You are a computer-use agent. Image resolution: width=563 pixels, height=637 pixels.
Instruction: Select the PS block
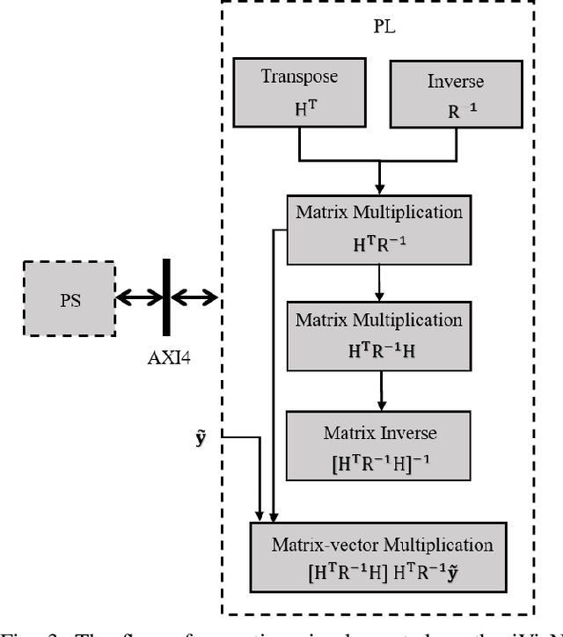pyautogui.click(x=70, y=298)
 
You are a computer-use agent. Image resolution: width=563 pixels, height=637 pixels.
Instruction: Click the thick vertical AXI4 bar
pyautogui.click(x=165, y=298)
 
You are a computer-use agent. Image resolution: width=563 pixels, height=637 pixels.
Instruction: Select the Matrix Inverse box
pyautogui.click(x=379, y=445)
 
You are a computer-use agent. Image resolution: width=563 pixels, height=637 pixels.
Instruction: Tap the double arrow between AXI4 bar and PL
pyautogui.click(x=194, y=298)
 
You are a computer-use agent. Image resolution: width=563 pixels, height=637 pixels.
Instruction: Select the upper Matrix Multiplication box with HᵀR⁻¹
pyautogui.click(x=379, y=225)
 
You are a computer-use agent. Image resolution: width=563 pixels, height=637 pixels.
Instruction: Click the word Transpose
pyautogui.click(x=298, y=77)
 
